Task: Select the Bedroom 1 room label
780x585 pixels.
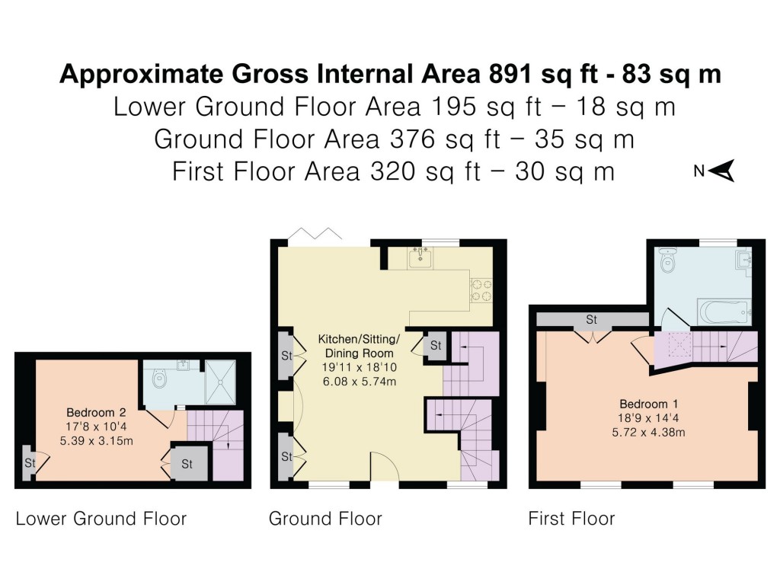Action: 648,404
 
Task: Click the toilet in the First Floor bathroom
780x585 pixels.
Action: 668,262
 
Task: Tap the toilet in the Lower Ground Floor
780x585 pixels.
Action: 159,378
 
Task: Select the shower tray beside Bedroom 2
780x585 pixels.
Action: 221,381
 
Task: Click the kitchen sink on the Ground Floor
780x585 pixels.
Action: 419,259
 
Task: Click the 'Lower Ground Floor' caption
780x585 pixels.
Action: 101,519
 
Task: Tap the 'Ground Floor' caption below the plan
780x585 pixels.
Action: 325,519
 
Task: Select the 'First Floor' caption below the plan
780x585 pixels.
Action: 571,519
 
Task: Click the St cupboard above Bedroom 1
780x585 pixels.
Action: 591,319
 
